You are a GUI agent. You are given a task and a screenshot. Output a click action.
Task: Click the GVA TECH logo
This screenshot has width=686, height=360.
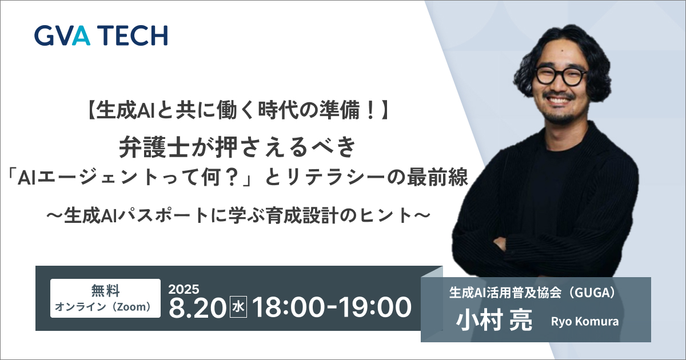pyautogui.click(x=101, y=35)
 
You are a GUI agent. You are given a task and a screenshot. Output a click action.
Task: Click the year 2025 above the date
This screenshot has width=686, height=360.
pyautogui.click(x=184, y=289)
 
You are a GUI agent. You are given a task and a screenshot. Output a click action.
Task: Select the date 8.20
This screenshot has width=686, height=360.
pyautogui.click(x=197, y=307)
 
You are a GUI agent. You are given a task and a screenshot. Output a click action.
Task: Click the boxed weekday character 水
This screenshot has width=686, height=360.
pyautogui.click(x=238, y=307)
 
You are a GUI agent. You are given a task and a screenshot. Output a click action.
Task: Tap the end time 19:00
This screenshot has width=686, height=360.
pyautogui.click(x=376, y=307)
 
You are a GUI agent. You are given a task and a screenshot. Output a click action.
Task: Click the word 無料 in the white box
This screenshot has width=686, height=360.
pyautogui.click(x=105, y=290)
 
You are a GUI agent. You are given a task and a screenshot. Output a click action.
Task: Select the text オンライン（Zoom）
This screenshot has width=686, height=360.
pyautogui.click(x=104, y=307)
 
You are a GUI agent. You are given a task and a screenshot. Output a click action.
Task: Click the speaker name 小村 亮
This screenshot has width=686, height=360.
pyautogui.click(x=494, y=320)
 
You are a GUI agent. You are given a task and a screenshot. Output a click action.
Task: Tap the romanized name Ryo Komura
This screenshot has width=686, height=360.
pyautogui.click(x=585, y=321)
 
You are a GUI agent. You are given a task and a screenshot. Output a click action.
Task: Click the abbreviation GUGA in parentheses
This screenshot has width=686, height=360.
pyautogui.click(x=593, y=293)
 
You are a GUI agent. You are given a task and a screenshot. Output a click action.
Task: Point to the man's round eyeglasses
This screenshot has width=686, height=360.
pyautogui.click(x=561, y=75)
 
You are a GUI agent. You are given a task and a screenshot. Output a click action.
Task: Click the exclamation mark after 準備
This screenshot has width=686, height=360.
pyautogui.click(x=371, y=111)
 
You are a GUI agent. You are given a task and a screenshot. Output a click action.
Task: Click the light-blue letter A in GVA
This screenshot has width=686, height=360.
pyautogui.click(x=80, y=35)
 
